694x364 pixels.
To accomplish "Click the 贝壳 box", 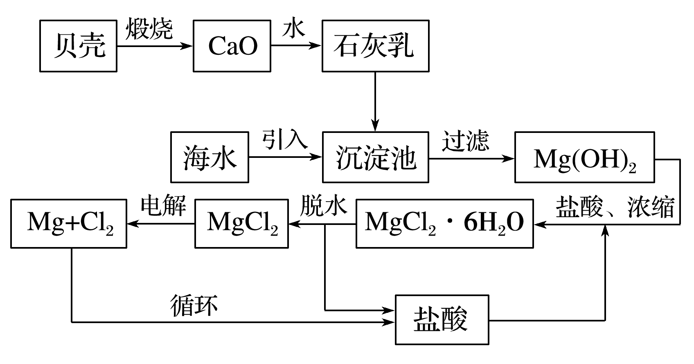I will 78,46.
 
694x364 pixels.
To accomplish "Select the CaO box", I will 232,46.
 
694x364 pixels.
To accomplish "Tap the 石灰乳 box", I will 375,46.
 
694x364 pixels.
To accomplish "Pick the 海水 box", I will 210,157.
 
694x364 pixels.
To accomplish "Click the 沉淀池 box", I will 375,157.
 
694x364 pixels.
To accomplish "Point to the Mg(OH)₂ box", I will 584,157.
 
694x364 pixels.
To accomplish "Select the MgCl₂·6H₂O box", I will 444,223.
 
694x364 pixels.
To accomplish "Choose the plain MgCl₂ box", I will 241,223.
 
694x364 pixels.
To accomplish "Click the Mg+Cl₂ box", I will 69,223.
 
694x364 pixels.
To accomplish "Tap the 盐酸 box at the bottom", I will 442,319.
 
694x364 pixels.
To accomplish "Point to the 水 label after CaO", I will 294,29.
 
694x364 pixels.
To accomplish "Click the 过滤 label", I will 465,141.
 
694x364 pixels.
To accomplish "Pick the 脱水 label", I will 323,205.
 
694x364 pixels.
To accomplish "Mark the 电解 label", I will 163,205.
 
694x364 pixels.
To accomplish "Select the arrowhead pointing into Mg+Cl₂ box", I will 132,223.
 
